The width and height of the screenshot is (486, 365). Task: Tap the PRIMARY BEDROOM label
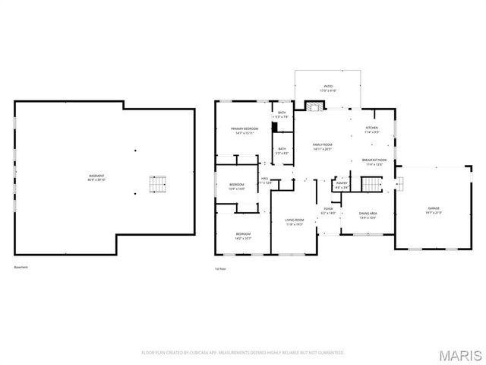[x=245, y=131]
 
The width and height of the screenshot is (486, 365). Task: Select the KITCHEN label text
[x=371, y=129]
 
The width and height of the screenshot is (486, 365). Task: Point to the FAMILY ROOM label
[x=323, y=146]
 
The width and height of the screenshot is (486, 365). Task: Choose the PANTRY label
[x=342, y=185]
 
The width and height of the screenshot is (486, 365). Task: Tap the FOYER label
[x=328, y=210]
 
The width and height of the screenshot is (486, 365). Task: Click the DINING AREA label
[x=368, y=215]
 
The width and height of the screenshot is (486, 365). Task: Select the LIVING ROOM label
[x=295, y=221]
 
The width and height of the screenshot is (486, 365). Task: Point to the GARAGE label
[x=434, y=210]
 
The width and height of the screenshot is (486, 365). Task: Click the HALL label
[x=266, y=181]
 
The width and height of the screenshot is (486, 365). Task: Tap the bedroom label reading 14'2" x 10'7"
[x=243, y=236]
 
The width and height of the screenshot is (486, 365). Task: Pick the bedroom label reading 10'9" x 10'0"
[x=237, y=187]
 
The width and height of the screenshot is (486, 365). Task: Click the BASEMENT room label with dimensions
[x=96, y=178]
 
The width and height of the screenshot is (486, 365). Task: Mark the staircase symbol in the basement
[x=156, y=185]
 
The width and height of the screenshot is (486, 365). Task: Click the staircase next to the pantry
[x=370, y=185]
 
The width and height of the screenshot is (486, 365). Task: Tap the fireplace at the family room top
[x=314, y=106]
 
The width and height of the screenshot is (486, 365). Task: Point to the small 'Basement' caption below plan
[x=21, y=267]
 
